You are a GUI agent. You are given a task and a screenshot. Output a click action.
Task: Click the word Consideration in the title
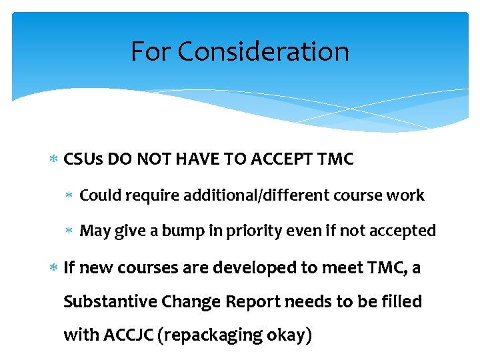263,51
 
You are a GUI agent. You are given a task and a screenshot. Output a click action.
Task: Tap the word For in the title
150,51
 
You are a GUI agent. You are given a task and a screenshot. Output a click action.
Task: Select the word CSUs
83,159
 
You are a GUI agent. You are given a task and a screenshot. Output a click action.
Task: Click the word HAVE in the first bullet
185,159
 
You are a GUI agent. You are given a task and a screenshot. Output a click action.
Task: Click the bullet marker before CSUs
55,159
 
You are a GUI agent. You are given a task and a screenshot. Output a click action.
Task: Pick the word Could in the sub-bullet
99,195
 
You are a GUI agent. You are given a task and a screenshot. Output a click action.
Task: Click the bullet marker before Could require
71,195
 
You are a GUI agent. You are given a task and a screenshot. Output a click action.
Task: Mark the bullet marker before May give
71,231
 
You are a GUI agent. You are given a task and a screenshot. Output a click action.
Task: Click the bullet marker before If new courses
55,268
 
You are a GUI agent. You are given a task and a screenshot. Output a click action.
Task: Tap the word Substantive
110,302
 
